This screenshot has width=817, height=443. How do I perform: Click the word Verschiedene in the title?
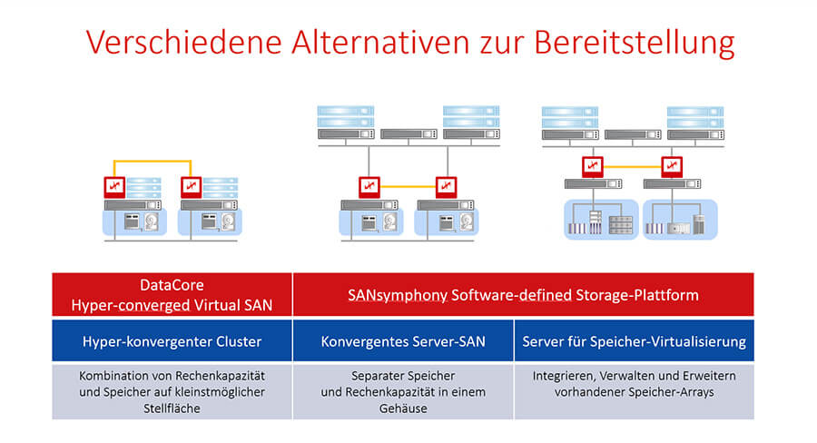(x=184, y=42)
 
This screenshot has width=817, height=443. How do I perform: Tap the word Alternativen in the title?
(x=381, y=42)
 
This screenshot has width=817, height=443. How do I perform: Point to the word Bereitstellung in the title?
(x=635, y=43)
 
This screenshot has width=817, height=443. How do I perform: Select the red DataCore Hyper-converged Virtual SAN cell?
(x=172, y=294)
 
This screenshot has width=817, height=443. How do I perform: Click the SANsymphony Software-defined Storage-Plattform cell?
(x=523, y=294)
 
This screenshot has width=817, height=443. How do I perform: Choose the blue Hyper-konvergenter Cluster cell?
(x=172, y=340)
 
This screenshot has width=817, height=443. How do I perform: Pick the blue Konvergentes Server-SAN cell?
(x=403, y=340)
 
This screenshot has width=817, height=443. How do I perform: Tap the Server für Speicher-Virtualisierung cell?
(x=635, y=340)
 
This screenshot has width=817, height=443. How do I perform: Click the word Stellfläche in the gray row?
(x=172, y=409)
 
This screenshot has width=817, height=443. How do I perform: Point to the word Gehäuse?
(x=403, y=409)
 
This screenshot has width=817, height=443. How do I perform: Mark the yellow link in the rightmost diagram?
(x=632, y=167)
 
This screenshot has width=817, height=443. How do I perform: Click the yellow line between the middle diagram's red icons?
(x=408, y=186)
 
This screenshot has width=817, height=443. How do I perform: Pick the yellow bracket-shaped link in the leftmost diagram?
(x=153, y=162)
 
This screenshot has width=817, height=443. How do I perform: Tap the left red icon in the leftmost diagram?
(x=114, y=187)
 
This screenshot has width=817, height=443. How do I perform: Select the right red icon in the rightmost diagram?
(x=672, y=167)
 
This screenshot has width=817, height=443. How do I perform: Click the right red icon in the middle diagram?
(x=446, y=186)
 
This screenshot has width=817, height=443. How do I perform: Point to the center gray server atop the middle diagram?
(x=408, y=134)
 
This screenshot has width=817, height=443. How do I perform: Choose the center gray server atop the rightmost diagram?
(x=633, y=134)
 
